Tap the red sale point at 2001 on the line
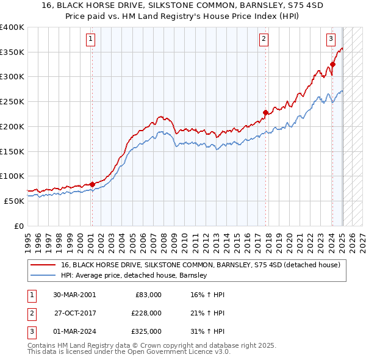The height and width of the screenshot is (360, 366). (x=92, y=184)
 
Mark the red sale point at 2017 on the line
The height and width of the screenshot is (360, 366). (x=265, y=112)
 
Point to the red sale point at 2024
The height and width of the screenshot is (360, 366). (x=333, y=63)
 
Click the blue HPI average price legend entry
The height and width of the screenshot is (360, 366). (x=134, y=276)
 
